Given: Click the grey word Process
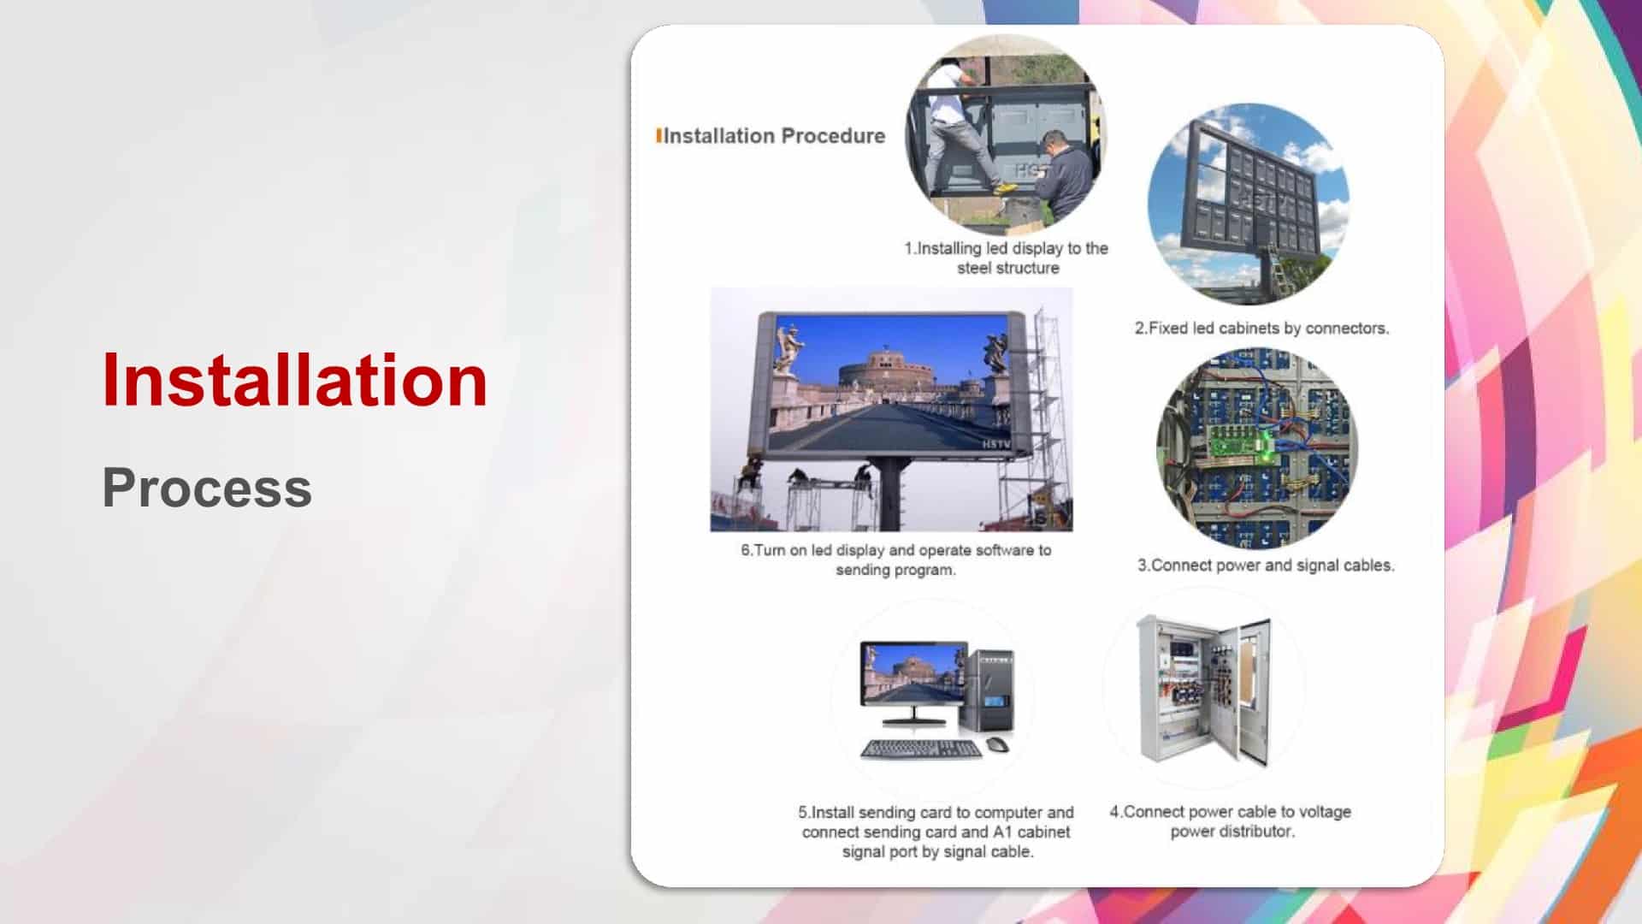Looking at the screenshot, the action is click(207, 488).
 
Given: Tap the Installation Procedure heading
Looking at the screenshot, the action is click(774, 136).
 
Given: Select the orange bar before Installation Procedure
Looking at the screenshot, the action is click(659, 136).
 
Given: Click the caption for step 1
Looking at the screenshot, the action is click(1007, 258).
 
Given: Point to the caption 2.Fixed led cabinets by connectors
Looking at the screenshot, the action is click(1261, 328).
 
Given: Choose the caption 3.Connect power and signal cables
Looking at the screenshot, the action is click(1266, 565).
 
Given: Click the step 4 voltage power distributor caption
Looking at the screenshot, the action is click(1231, 821).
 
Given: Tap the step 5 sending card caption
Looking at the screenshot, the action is click(936, 832).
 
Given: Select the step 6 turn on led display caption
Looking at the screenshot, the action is click(895, 560).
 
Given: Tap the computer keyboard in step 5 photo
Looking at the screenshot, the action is click(921, 749).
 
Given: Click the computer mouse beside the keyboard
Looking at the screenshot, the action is click(998, 745).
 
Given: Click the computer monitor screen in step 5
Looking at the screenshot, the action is click(913, 672).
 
